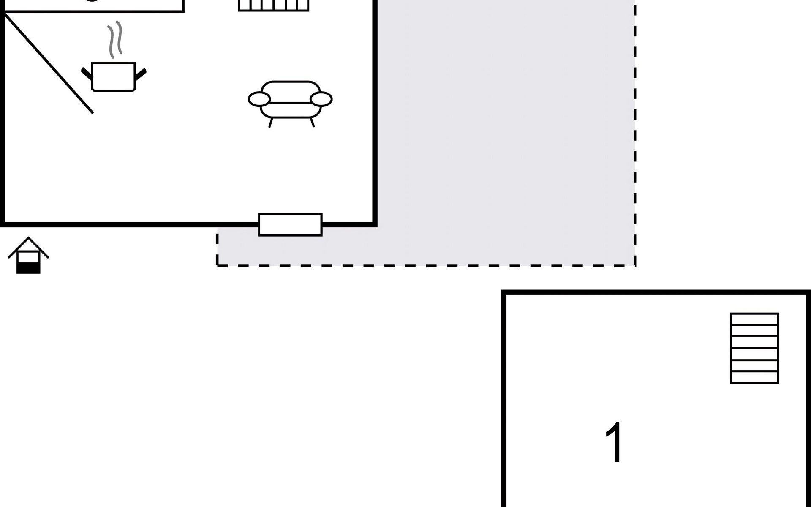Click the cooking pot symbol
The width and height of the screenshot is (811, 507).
113,76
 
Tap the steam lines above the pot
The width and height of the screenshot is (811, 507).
115,40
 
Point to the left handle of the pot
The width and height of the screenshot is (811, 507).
87,74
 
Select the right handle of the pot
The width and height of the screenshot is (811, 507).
140,74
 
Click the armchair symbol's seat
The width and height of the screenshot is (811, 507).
290,109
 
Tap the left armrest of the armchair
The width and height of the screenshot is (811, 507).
259,99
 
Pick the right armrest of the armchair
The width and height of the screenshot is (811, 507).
321,99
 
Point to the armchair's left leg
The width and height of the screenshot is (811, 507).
271,122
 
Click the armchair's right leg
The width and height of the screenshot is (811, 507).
312,122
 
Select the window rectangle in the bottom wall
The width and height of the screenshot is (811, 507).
290,224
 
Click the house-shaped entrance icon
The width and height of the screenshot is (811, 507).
28,255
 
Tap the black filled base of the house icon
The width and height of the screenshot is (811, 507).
28,268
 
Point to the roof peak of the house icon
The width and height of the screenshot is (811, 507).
28,237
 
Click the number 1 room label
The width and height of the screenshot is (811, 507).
614,442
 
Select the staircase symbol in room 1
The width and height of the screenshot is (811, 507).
754,348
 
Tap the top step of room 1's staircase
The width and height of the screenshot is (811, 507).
754,319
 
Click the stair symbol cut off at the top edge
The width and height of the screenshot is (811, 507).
274,5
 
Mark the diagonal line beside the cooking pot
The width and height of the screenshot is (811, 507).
49,63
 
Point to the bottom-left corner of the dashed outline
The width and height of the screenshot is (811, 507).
217,266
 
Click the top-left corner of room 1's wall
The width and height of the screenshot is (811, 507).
503,292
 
